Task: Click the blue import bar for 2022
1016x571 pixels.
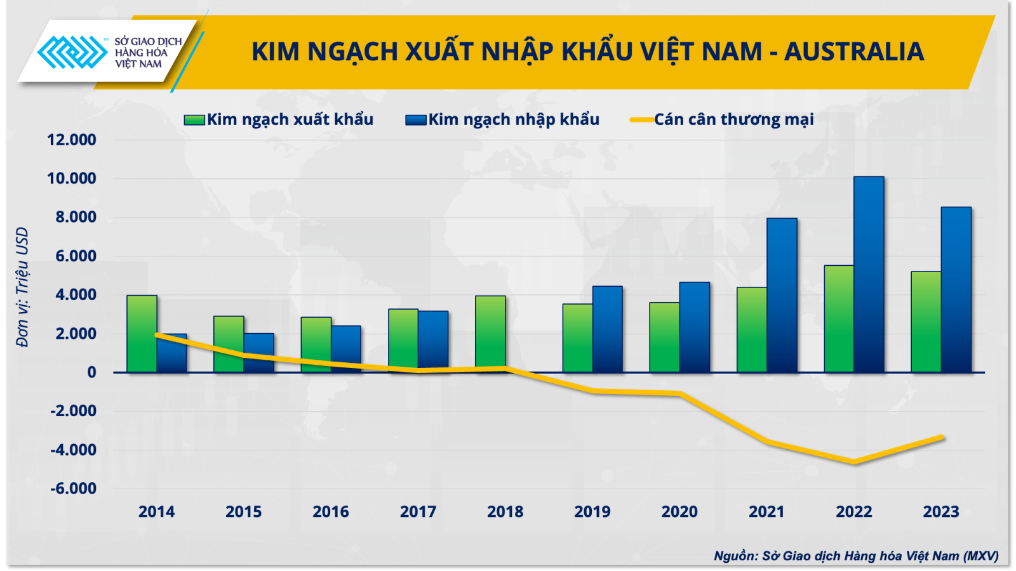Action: (869, 275)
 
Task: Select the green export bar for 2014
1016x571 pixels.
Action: (142, 334)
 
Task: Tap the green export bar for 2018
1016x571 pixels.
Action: (490, 334)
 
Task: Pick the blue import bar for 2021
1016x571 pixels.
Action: (782, 296)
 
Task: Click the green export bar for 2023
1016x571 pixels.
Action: (926, 322)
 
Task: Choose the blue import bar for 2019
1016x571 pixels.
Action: (607, 329)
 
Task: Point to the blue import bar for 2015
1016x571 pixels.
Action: (259, 353)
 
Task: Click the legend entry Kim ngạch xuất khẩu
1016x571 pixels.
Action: (279, 120)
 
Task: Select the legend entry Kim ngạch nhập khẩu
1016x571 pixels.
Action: (502, 120)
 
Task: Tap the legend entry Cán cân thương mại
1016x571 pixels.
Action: (722, 120)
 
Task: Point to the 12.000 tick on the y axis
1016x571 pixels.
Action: (72, 140)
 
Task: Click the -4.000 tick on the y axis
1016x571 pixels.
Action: (74, 450)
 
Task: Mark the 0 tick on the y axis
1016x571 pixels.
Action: (91, 372)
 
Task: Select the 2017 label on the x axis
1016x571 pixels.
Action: (418, 511)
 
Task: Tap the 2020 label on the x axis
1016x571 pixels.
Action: (679, 511)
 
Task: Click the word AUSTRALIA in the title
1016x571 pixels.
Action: (854, 51)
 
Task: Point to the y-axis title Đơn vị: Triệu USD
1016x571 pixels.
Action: (22, 287)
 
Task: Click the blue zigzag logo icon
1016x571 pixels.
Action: (72, 52)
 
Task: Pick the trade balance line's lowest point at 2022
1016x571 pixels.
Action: (855, 463)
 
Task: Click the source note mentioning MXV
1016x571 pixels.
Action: (857, 556)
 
